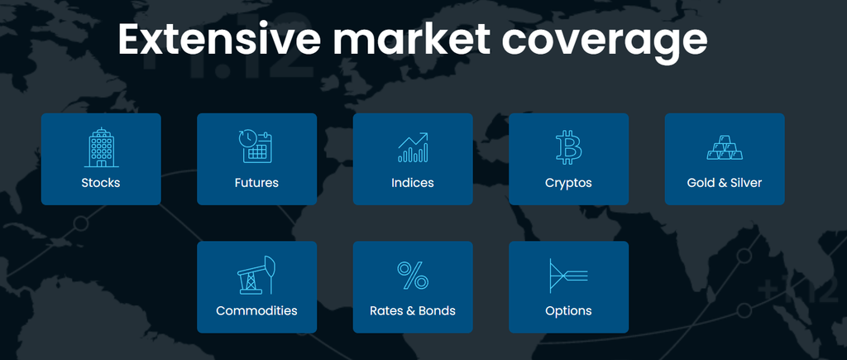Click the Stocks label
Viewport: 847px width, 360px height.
[x=101, y=183]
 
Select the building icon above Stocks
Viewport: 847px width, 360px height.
[x=101, y=147]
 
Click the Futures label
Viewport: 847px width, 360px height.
[x=256, y=183]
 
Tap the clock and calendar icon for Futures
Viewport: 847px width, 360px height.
[x=256, y=146]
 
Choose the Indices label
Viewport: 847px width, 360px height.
[x=413, y=183]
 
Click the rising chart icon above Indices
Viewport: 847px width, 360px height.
[x=413, y=146]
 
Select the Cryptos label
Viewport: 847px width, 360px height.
[x=568, y=183]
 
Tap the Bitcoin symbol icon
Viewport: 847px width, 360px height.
[x=569, y=146]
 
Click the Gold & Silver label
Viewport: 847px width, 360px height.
[x=725, y=183]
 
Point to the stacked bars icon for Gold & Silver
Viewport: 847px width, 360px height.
[x=725, y=147]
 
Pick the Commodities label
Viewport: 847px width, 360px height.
[x=256, y=311]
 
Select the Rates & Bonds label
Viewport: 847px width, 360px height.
[x=413, y=311]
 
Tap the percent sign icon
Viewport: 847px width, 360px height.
[x=413, y=276]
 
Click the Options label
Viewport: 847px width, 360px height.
[x=568, y=311]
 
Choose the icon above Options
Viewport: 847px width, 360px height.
[x=567, y=276]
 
